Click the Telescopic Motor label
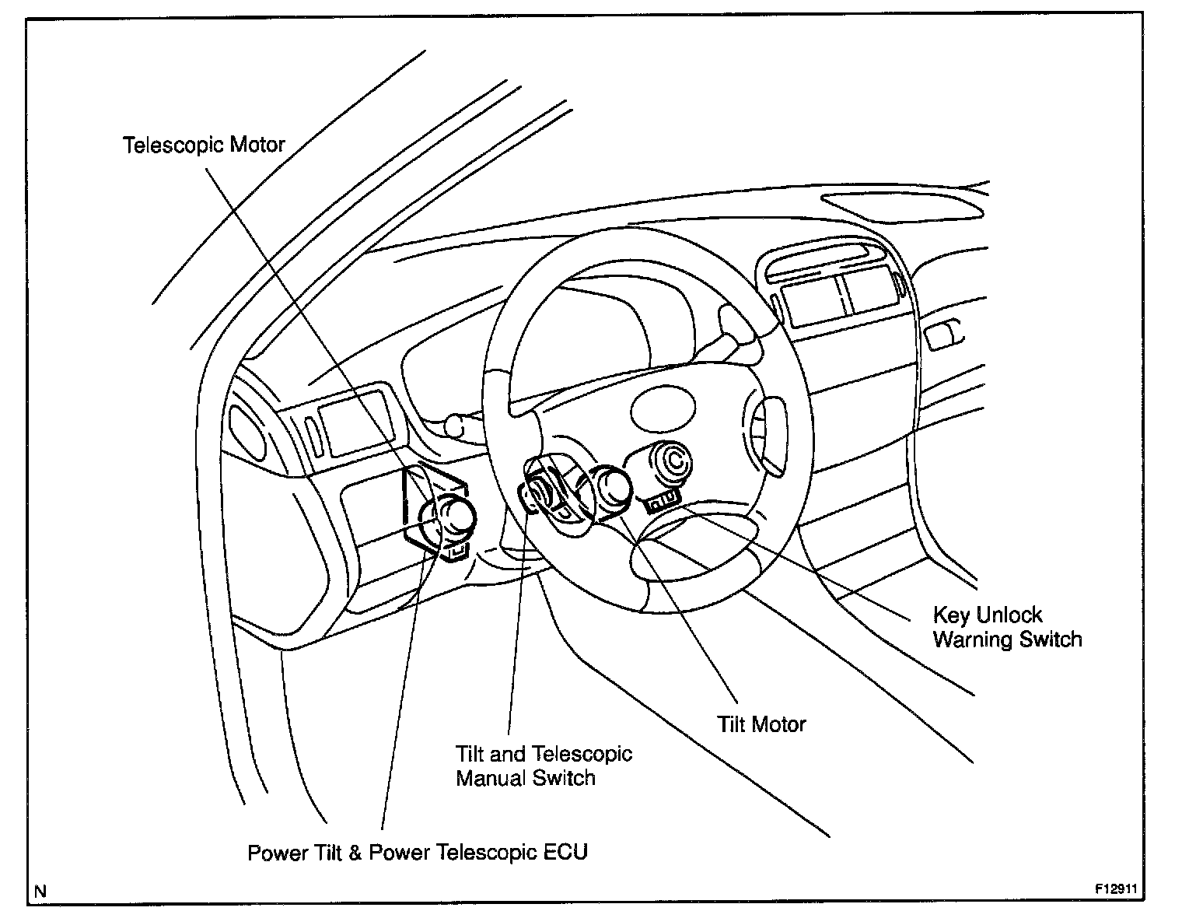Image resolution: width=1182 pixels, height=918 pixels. [x=204, y=145]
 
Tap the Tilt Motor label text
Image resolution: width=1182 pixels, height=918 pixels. [x=761, y=724]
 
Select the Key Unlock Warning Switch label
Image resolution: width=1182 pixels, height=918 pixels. [x=1007, y=628]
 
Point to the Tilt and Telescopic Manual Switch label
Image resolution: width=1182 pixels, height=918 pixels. [x=544, y=766]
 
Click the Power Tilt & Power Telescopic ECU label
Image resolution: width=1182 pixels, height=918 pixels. [x=418, y=852]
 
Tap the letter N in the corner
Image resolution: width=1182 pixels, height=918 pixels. [x=40, y=892]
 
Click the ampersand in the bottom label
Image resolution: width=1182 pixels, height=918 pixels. [x=355, y=852]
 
